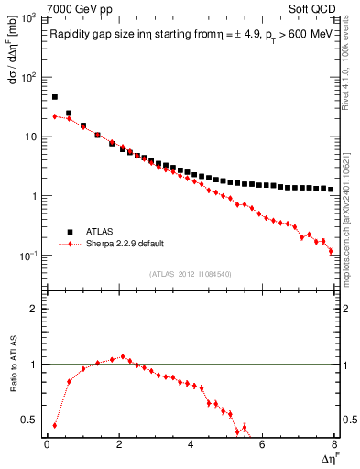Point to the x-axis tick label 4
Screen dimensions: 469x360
(190, 444)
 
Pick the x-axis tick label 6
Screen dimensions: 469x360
(262, 444)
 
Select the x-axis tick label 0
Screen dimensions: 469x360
(47, 444)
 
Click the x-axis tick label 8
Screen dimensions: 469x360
(333, 444)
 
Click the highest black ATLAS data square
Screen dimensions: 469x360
(55, 96)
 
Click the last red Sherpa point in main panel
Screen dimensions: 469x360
(331, 250)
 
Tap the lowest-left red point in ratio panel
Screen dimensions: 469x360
(55, 425)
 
